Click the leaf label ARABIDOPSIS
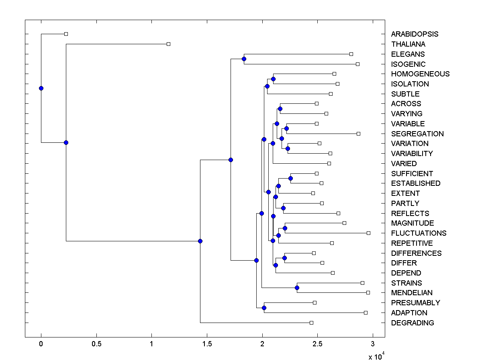(x=415, y=34)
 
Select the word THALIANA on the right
(x=408, y=44)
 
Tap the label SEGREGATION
(x=417, y=134)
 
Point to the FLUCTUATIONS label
(x=419, y=233)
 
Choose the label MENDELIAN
(x=412, y=293)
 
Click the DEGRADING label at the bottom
(x=413, y=323)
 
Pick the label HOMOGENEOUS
(x=420, y=74)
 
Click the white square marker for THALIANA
(x=168, y=44)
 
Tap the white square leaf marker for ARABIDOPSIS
(x=66, y=34)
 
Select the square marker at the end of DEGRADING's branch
(x=311, y=323)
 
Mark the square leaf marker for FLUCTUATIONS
(x=368, y=233)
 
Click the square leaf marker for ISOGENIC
(x=357, y=64)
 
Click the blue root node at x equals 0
(x=41, y=88)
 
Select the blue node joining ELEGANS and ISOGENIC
(x=244, y=59)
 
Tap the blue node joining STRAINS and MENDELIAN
(x=297, y=288)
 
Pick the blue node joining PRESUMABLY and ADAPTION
(x=264, y=308)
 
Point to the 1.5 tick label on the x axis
(x=207, y=344)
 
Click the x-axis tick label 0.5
(x=96, y=344)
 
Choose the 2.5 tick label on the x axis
(x=317, y=344)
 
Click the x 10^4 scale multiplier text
(x=376, y=356)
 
